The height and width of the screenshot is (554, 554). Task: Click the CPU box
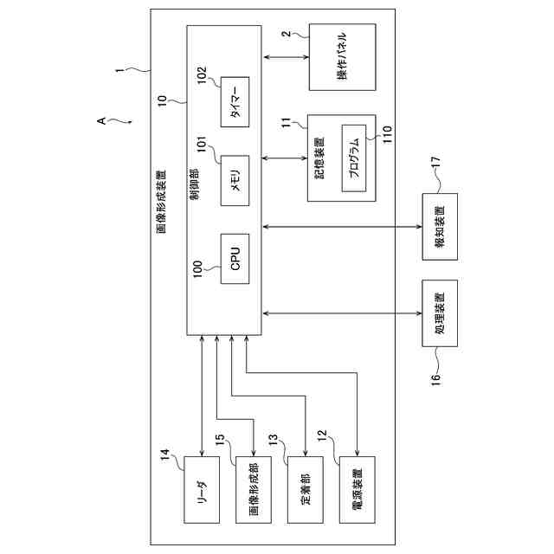235,259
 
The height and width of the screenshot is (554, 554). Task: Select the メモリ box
235,181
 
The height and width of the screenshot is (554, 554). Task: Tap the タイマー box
235,103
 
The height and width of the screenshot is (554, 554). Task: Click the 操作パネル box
343,58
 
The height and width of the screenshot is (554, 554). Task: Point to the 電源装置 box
357,489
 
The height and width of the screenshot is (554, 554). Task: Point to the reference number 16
435,377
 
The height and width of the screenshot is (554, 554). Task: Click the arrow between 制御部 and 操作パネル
285,58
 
